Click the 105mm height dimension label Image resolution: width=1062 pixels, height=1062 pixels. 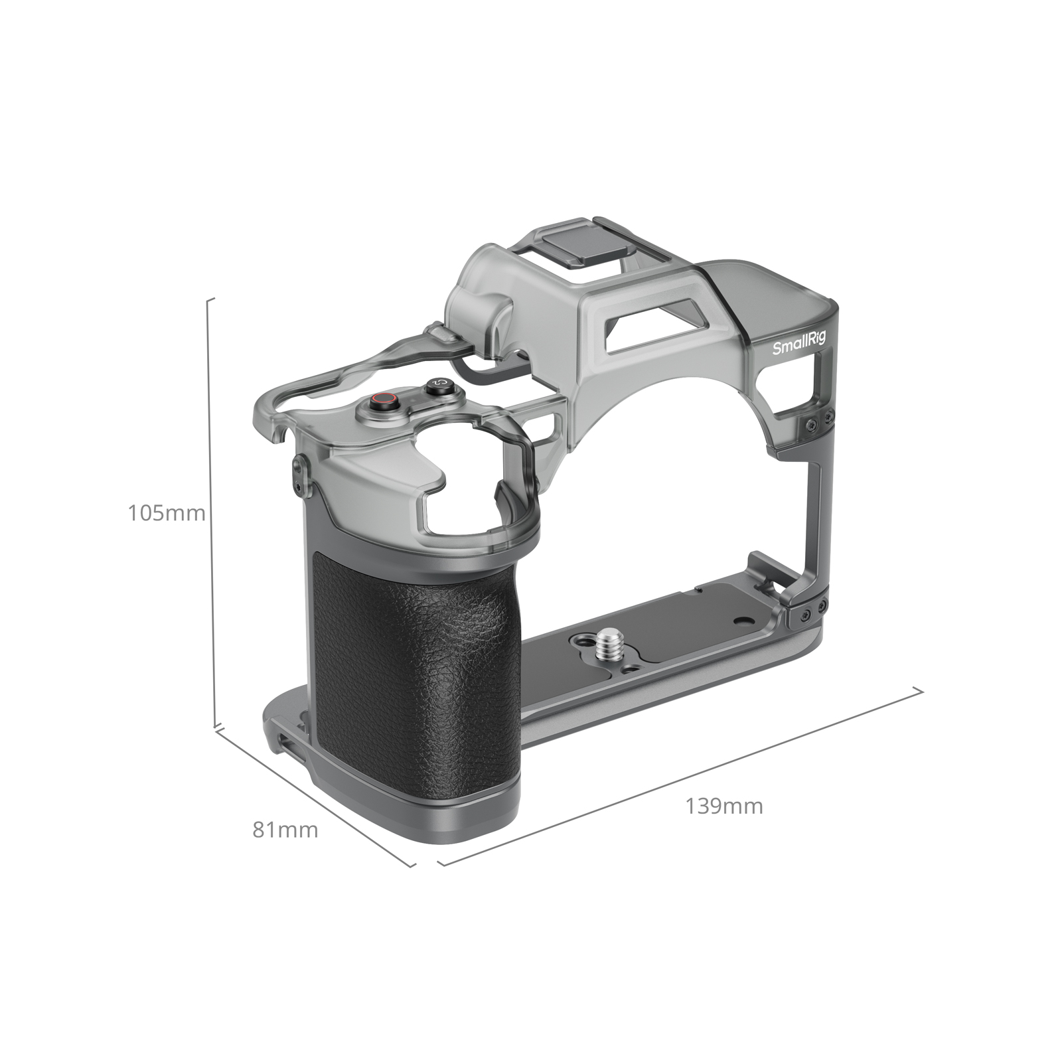[167, 513]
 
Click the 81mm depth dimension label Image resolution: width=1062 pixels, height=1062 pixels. [285, 830]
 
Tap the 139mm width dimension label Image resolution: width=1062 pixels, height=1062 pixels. [724, 806]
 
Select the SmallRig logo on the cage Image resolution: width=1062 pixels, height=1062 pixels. [799, 344]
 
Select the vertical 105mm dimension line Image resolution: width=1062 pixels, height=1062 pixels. [212, 511]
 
